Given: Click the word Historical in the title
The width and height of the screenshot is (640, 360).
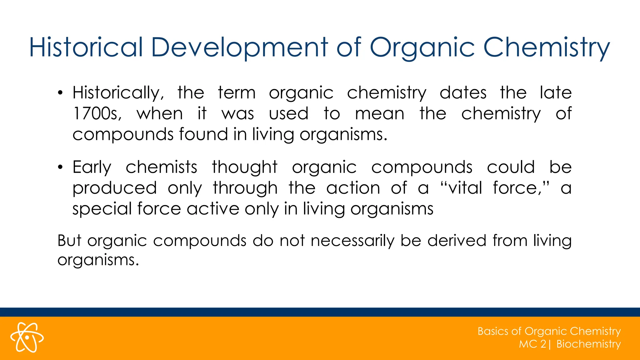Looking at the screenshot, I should (x=86, y=47).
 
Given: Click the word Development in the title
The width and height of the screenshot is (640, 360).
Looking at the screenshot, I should (x=239, y=47).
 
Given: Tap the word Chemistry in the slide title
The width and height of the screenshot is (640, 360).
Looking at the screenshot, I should (x=546, y=47).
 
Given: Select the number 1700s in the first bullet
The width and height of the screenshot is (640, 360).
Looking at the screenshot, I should (x=97, y=113).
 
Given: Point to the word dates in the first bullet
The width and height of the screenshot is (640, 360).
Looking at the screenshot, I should (x=463, y=93).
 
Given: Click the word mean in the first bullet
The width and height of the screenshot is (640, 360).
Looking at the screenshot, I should (x=379, y=113).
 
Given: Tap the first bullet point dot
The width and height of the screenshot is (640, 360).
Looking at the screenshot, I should (x=60, y=93).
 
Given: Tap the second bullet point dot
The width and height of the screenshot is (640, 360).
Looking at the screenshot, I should (x=60, y=167).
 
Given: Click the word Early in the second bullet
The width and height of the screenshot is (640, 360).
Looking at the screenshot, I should (x=92, y=167).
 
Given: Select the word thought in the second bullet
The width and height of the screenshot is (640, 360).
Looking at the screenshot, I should (x=245, y=167).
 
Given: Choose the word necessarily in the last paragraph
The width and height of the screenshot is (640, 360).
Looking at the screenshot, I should (x=352, y=241).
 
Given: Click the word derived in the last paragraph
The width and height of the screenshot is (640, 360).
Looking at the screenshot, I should (x=457, y=241).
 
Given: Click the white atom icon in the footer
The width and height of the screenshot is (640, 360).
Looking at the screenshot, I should (x=27, y=337).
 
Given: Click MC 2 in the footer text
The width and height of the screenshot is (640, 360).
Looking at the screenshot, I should (x=532, y=344).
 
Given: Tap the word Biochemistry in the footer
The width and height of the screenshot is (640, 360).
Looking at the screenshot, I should (x=588, y=344).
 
